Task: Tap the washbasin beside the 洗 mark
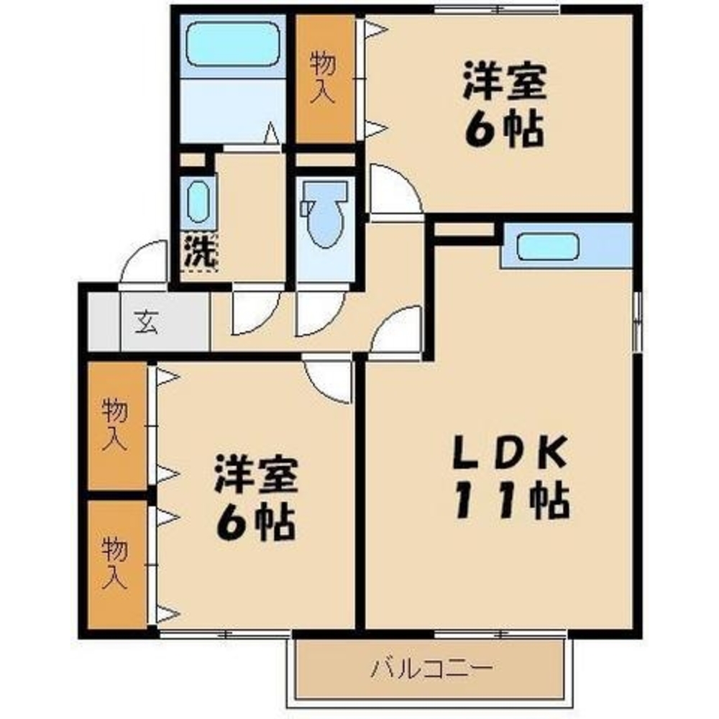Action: coord(198,202)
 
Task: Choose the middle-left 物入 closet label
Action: coord(116,426)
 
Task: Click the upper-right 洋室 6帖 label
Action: coord(503,106)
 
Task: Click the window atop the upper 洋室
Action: coord(496,9)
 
